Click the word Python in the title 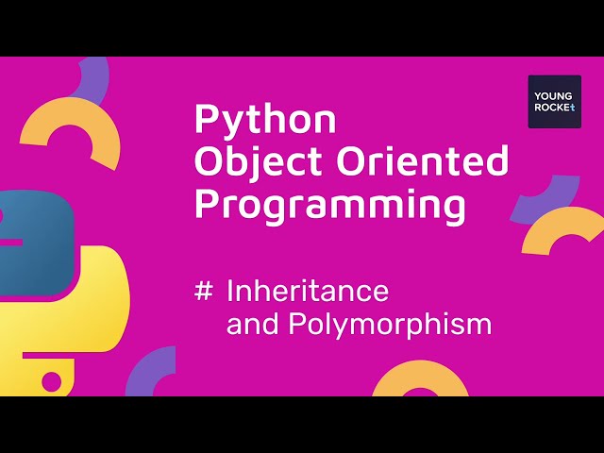coord(264,120)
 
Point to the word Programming coord(329,205)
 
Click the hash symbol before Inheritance coord(203,291)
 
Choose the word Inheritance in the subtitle coord(308,291)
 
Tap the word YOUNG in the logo coord(554,94)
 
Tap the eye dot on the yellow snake coord(51,381)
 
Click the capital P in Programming coord(207,205)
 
